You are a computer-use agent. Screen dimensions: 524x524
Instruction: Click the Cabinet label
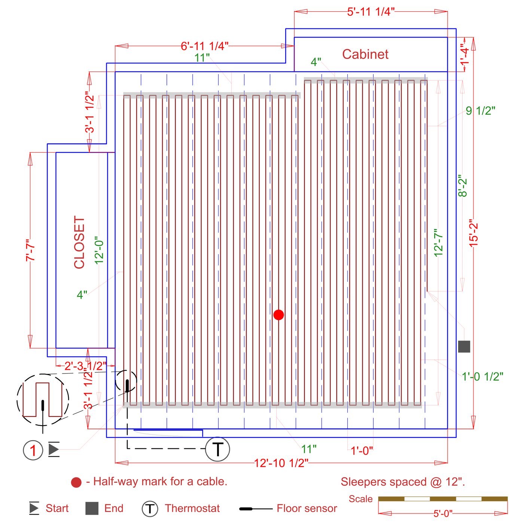[x=365, y=54]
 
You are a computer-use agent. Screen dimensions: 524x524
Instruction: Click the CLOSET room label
[x=79, y=243]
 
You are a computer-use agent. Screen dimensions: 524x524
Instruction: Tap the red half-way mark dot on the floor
[x=278, y=315]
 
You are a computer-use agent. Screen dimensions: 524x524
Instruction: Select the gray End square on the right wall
[x=464, y=347]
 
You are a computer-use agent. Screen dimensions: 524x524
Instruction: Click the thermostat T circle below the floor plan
[x=217, y=449]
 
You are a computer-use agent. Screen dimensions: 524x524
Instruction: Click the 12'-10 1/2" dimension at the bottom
[x=281, y=463]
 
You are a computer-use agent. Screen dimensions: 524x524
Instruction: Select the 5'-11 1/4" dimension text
[x=371, y=12]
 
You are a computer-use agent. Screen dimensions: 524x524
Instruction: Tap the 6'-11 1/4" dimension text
[x=204, y=46]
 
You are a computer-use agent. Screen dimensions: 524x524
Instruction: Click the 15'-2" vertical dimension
[x=474, y=233]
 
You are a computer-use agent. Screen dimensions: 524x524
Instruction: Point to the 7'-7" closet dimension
[x=30, y=250]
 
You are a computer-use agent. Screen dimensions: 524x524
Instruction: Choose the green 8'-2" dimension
[x=463, y=186]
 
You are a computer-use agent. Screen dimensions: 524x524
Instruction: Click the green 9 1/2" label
[x=481, y=111]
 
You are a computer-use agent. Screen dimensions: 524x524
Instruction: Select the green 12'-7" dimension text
[x=438, y=243]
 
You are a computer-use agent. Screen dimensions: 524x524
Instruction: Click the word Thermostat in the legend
[x=192, y=508]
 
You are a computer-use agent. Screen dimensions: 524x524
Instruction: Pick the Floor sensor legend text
[x=307, y=508]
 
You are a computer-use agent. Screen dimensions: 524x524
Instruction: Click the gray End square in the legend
[x=92, y=508]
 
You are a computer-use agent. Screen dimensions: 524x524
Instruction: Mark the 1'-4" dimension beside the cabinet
[x=465, y=55]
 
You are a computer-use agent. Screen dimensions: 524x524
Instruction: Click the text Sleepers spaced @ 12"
[x=403, y=482]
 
